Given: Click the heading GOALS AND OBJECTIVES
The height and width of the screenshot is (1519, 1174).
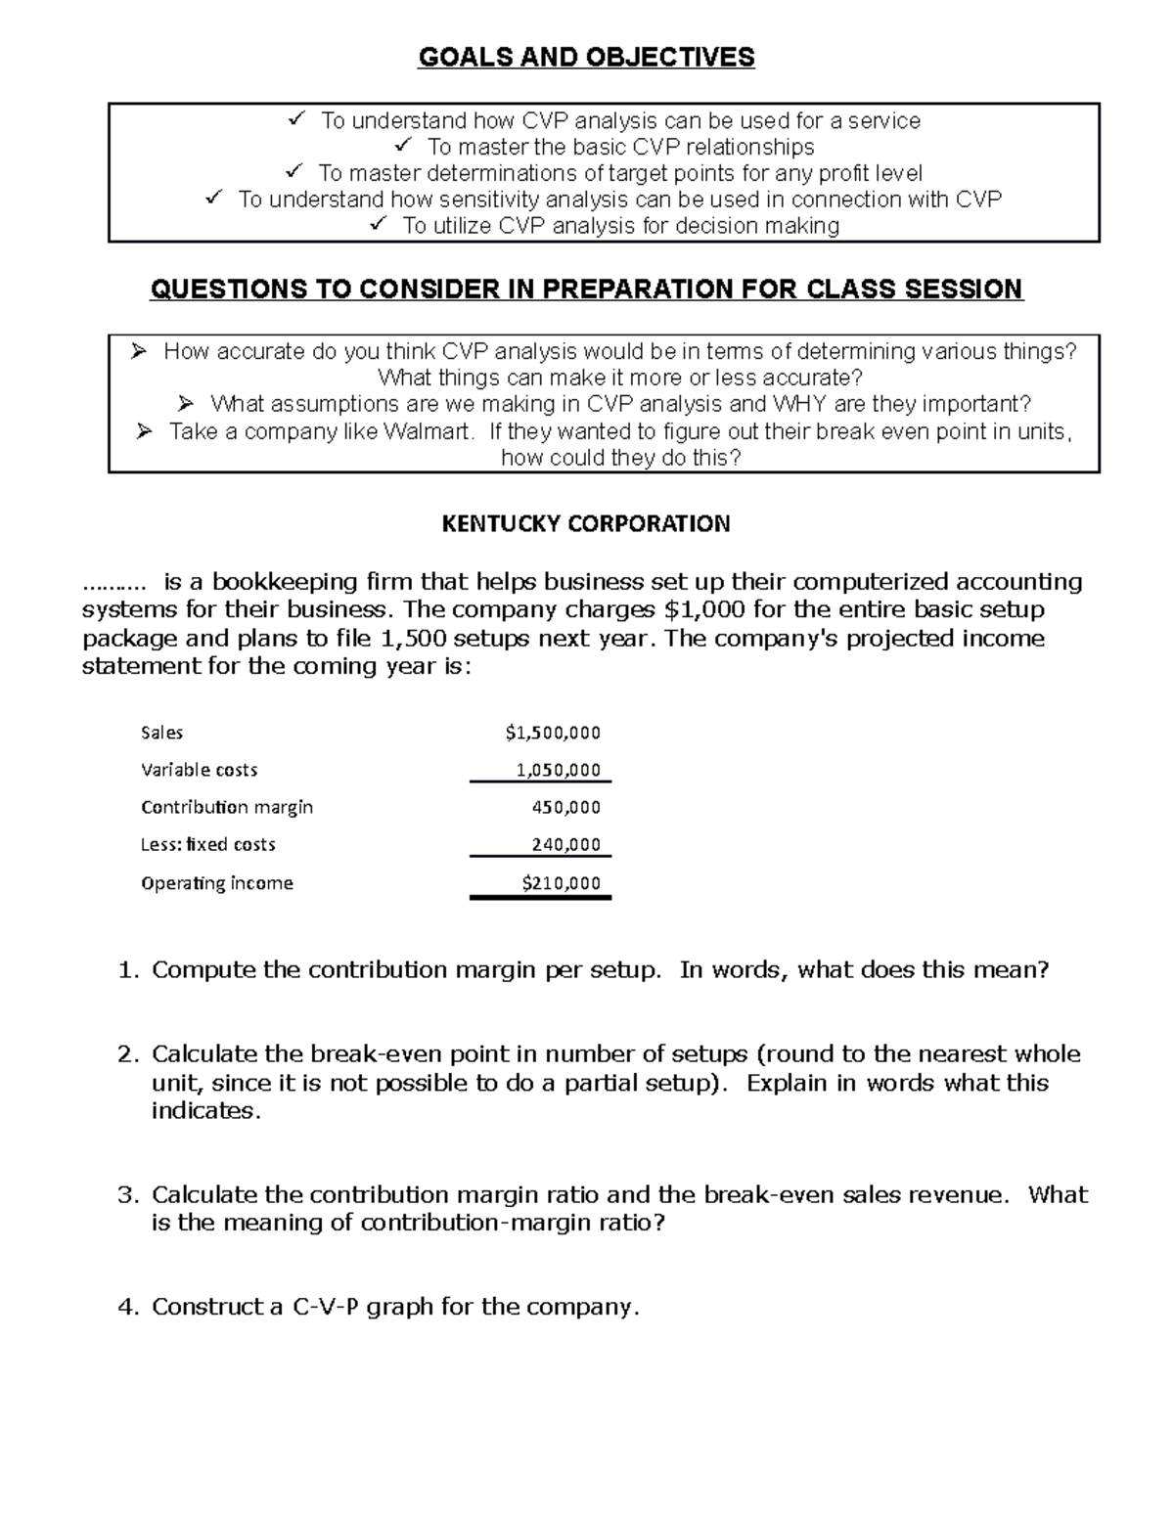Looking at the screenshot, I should (x=586, y=58).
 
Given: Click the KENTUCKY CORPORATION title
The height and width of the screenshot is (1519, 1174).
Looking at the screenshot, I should (x=586, y=524).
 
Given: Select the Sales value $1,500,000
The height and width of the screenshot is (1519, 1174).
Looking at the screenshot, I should (x=553, y=733).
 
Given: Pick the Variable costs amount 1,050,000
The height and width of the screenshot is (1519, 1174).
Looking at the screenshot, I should (x=558, y=770).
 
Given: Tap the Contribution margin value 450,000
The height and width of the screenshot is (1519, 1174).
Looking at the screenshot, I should (x=565, y=807).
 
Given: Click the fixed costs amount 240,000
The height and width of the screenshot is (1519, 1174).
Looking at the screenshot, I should (x=565, y=844).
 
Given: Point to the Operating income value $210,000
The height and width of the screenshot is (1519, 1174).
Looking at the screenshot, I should (x=561, y=882).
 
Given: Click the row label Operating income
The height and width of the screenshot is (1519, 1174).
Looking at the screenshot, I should (x=217, y=882).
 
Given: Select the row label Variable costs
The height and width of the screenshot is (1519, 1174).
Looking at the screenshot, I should (x=199, y=770).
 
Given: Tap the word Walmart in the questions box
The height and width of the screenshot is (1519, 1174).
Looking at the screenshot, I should (x=428, y=431).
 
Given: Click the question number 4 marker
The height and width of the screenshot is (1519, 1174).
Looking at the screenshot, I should (x=127, y=1307).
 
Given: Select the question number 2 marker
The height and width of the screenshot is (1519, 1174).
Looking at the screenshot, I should (x=127, y=1054).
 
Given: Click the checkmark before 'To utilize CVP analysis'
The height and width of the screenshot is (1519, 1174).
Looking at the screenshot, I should (x=379, y=225).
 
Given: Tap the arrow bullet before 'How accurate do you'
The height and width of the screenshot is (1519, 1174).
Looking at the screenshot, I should (x=138, y=351).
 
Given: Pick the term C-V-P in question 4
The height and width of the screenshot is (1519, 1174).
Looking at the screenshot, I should (x=326, y=1307).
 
